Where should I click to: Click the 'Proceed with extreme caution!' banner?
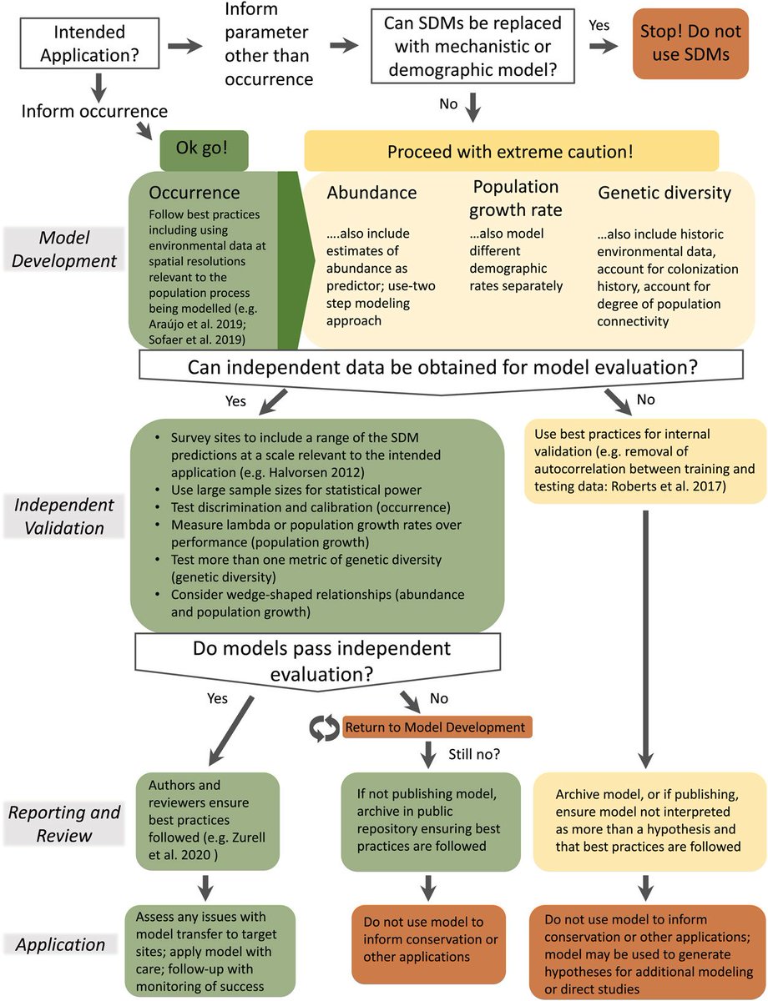click(x=511, y=152)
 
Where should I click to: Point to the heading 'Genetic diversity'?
click(x=664, y=192)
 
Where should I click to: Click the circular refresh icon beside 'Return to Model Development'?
click(x=322, y=727)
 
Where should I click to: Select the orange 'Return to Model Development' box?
click(x=437, y=727)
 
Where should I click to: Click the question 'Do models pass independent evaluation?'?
click(x=321, y=659)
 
